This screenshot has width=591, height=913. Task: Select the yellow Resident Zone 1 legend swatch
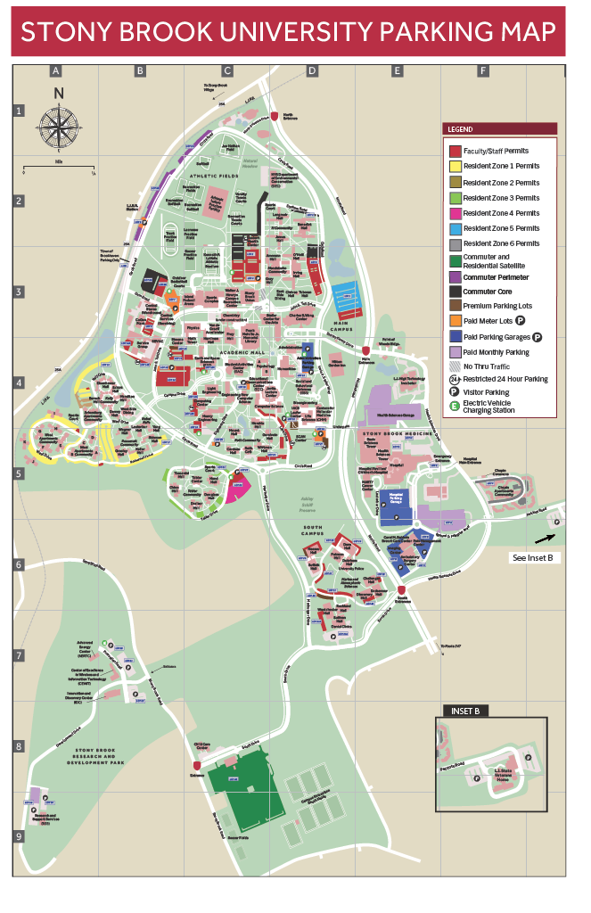click(x=455, y=167)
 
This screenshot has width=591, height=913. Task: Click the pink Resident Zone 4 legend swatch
click(x=455, y=212)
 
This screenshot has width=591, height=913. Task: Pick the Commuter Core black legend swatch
click(x=455, y=291)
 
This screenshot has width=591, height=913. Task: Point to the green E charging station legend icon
click(x=455, y=407)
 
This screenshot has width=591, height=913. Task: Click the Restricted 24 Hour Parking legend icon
click(x=455, y=379)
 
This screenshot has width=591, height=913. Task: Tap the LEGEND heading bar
click(x=499, y=128)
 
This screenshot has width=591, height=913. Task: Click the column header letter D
click(x=312, y=70)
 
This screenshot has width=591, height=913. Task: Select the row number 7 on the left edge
click(x=19, y=656)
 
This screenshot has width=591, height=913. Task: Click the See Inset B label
click(x=532, y=557)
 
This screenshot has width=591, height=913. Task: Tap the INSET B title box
click(x=464, y=711)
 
